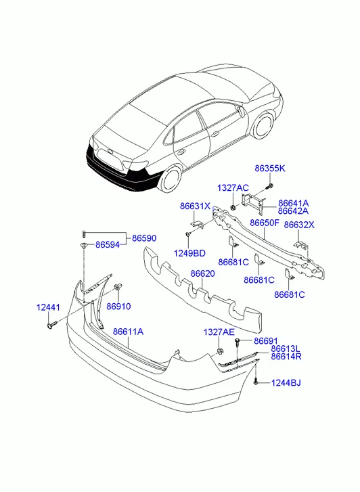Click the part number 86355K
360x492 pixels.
tap(270, 169)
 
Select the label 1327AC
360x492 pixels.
tap(233, 188)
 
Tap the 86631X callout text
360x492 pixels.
tap(195, 206)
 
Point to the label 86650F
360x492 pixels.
tap(265, 223)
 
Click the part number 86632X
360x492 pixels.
tap(299, 225)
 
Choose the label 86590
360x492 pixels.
tap(144, 238)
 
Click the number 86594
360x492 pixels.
tap(108, 245)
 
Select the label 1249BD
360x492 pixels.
tap(189, 253)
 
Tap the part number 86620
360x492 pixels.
tap(203, 273)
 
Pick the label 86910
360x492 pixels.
tap(118, 307)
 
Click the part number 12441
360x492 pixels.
tap(48, 307)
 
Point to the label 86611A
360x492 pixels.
tap(128, 332)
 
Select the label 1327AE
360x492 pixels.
tap(219, 332)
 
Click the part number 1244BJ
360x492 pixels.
tap(286, 383)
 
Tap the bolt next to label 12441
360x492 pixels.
tap(52, 324)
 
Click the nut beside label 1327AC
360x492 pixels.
tap(233, 207)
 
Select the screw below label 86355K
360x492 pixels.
tap(269, 187)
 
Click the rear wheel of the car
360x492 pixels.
tap(172, 180)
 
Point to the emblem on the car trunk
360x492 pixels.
tap(110, 151)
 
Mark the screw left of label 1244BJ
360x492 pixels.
tap(256, 382)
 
